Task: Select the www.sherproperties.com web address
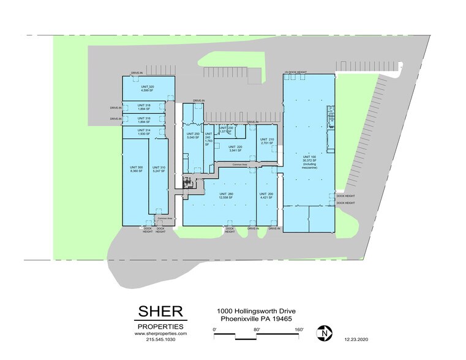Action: (160, 334)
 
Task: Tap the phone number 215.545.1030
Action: (160, 340)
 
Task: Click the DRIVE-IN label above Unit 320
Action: (137, 73)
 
